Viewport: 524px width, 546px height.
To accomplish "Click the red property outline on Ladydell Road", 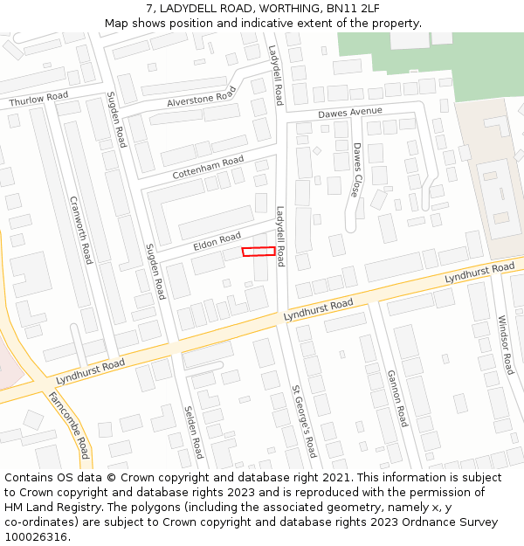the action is pyautogui.click(x=259, y=252).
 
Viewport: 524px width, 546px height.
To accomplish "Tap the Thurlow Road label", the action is pyautogui.click(x=38, y=100).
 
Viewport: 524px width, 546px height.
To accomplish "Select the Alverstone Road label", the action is pyautogui.click(x=201, y=99).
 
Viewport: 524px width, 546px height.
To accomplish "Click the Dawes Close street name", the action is pyautogui.click(x=355, y=169).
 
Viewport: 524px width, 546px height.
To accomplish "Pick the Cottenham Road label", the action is pyautogui.click(x=208, y=168).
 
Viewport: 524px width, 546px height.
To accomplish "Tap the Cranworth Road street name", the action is pyautogui.click(x=80, y=230).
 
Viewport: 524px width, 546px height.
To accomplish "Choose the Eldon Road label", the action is pyautogui.click(x=217, y=238).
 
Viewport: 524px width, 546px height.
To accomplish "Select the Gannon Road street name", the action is pyautogui.click(x=396, y=397).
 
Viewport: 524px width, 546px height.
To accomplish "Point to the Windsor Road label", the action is pyautogui.click(x=506, y=344).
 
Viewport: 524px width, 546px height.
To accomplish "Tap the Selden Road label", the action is pyautogui.click(x=193, y=432).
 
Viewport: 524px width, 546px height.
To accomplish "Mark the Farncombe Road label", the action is pyautogui.click(x=69, y=425).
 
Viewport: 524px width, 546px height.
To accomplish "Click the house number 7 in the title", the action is pyautogui.click(x=149, y=8).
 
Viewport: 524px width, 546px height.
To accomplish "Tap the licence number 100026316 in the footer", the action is pyautogui.click(x=37, y=536).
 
